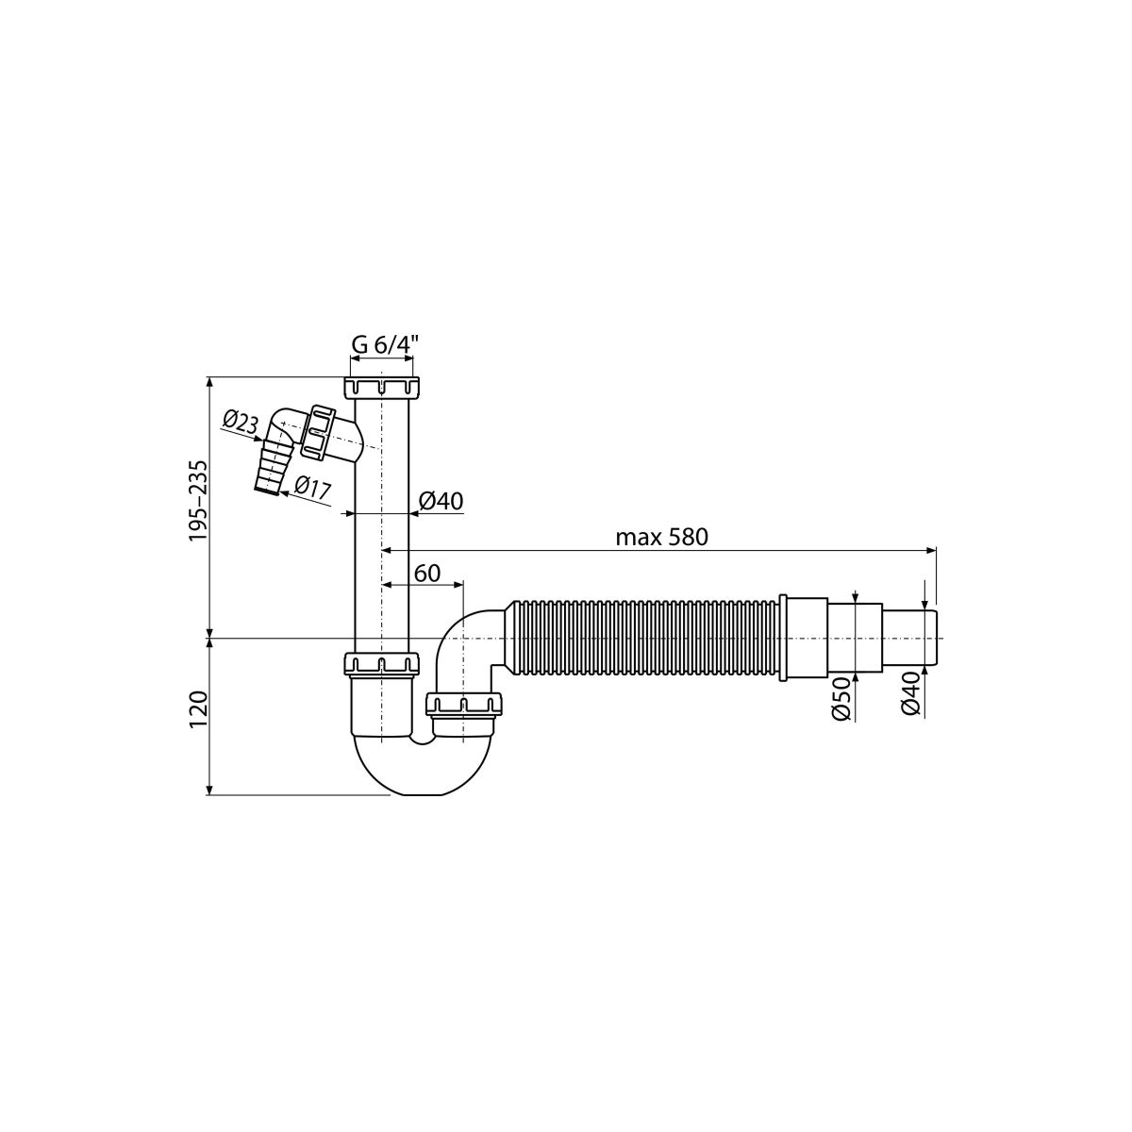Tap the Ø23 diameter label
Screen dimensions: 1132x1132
pyautogui.click(x=241, y=422)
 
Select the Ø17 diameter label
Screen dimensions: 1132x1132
pyautogui.click(x=313, y=488)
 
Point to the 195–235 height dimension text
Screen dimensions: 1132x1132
pyautogui.click(x=198, y=501)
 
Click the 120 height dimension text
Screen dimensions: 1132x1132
pyautogui.click(x=198, y=710)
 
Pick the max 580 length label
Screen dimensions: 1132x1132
pyautogui.click(x=661, y=537)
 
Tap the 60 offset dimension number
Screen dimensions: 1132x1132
pyautogui.click(x=427, y=574)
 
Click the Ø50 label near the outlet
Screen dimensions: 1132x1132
pyautogui.click(x=841, y=698)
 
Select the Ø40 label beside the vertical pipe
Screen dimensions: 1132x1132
pyautogui.click(x=441, y=501)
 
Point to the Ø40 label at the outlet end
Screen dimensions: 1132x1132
pyautogui.click(x=909, y=693)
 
